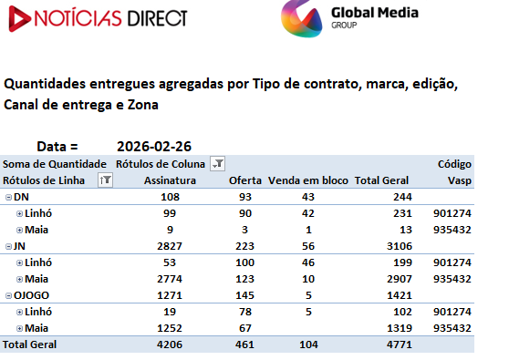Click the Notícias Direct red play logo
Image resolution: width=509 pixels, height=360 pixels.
tap(20, 19)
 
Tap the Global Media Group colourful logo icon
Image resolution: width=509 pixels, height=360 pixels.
tap(302, 19)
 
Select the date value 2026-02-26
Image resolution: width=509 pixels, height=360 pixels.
tap(154, 147)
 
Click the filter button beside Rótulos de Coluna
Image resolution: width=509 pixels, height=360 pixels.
tap(217, 163)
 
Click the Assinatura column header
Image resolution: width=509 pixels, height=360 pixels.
tap(170, 180)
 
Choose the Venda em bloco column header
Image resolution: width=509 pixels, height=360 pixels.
tap(308, 180)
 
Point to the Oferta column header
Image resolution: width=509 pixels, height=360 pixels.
tap(245, 180)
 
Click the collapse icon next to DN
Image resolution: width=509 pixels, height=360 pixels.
tap(9, 197)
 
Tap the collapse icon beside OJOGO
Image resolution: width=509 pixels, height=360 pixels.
tap(9, 295)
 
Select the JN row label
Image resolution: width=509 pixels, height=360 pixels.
tap(19, 246)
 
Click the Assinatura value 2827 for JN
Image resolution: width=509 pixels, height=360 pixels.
tap(170, 246)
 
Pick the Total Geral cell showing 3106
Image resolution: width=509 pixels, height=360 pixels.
tap(400, 246)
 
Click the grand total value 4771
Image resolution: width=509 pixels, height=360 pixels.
tap(400, 345)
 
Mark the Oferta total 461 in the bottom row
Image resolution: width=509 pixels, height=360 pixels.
tap(244, 345)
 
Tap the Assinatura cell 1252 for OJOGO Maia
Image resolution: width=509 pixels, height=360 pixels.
tap(170, 328)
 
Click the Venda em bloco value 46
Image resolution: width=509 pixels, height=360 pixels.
tap(308, 262)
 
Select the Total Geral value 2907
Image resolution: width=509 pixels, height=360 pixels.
tap(400, 279)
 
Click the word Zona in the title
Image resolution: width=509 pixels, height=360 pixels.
tap(143, 105)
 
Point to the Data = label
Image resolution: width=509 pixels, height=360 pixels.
tap(57, 147)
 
